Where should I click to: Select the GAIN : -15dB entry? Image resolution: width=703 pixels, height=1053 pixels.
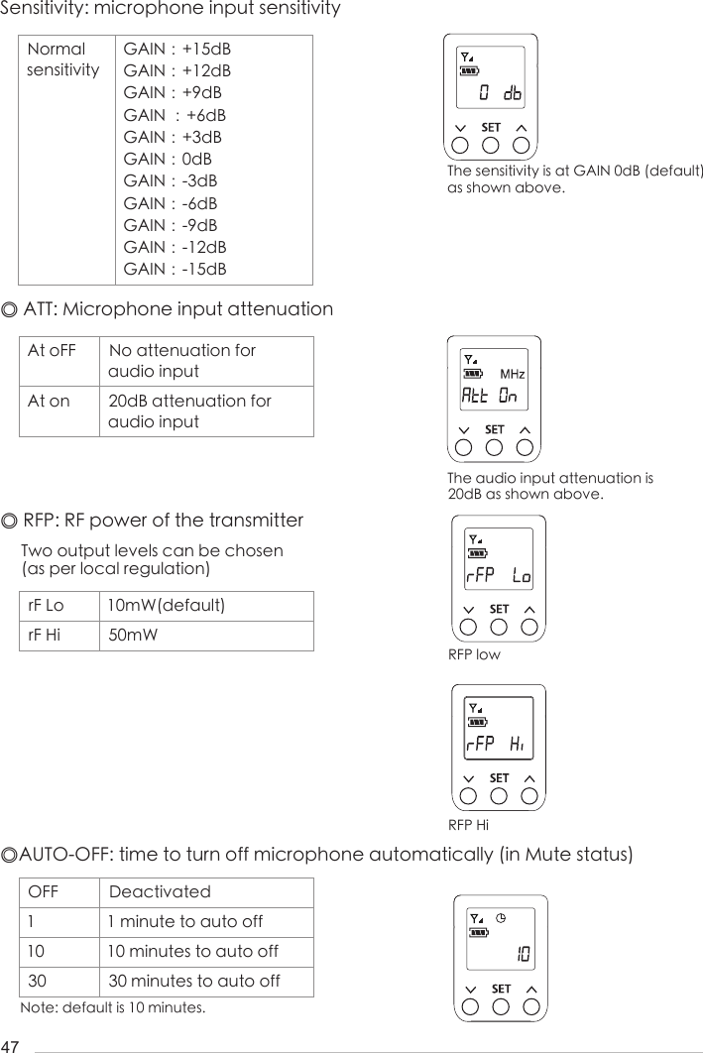tap(175, 269)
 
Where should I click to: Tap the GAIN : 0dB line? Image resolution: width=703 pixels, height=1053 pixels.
tap(168, 159)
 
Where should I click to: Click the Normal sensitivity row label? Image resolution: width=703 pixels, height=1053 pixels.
tap(63, 59)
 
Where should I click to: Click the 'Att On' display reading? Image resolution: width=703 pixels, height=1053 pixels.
tap(490, 396)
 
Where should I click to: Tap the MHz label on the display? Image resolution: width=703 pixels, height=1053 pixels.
tap(512, 375)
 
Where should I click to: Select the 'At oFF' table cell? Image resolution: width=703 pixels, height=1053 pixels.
tap(52, 351)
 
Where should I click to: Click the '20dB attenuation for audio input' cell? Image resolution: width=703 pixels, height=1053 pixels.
tap(189, 411)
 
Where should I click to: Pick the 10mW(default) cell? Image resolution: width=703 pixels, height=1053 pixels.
tap(167, 606)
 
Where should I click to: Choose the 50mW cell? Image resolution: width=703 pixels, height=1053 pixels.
tap(133, 635)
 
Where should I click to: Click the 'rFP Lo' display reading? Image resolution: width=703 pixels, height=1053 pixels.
tap(499, 576)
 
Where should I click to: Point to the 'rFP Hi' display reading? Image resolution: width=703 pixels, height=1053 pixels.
tap(498, 745)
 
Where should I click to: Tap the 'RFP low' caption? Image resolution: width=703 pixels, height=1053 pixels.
tap(474, 655)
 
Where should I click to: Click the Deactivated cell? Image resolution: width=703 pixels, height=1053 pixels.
tap(160, 892)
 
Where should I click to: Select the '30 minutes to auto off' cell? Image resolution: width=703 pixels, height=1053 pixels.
tap(193, 981)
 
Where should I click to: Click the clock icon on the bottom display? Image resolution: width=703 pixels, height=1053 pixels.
tap(502, 917)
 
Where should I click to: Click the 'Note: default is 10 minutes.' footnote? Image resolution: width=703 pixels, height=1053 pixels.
tap(113, 1008)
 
